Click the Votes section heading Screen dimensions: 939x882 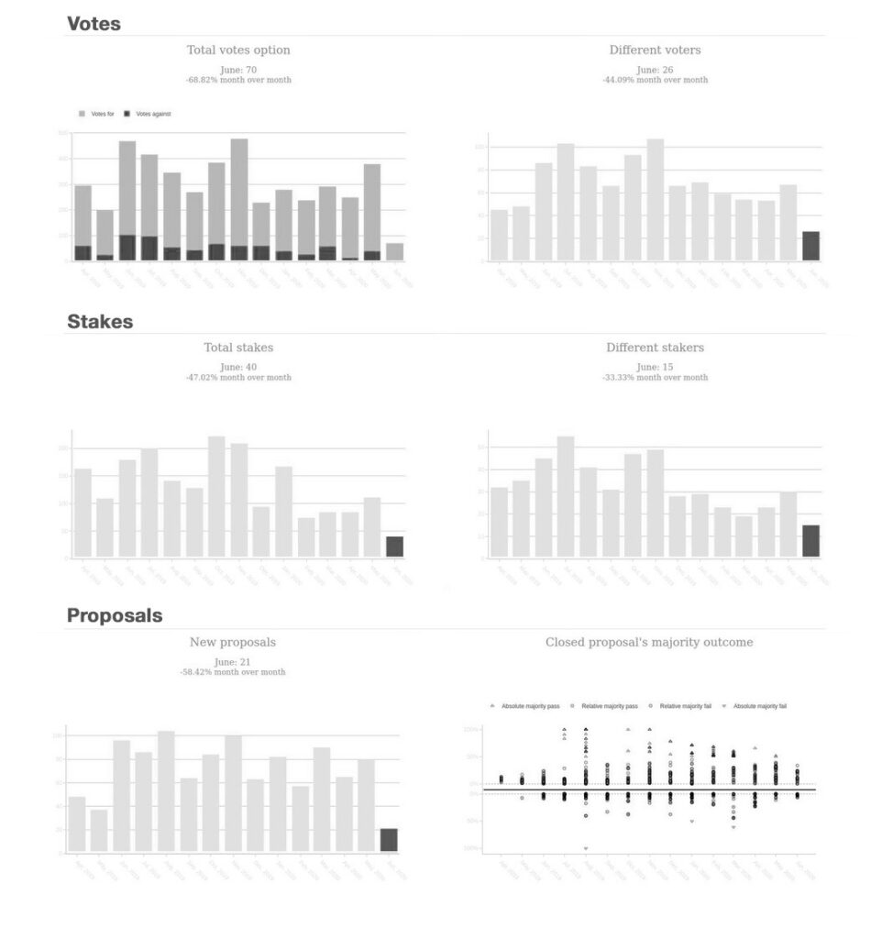(94, 24)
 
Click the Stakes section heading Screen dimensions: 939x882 (100, 322)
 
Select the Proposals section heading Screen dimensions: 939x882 (115, 615)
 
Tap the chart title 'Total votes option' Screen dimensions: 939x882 (238, 50)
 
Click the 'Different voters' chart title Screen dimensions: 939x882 (655, 50)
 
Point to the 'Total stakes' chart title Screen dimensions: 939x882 (238, 348)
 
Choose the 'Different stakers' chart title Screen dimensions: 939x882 (655, 348)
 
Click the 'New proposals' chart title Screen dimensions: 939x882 (232, 642)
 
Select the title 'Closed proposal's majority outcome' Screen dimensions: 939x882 (649, 642)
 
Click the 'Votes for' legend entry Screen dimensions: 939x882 (97, 114)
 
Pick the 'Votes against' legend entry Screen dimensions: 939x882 (148, 114)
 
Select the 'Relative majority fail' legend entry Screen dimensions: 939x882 (681, 707)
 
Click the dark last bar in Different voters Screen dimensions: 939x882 (810, 246)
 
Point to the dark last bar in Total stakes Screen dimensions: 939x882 (394, 547)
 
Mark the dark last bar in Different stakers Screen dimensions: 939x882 (810, 540)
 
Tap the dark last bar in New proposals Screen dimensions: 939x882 (389, 840)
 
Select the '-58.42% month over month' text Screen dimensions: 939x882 (232, 672)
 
